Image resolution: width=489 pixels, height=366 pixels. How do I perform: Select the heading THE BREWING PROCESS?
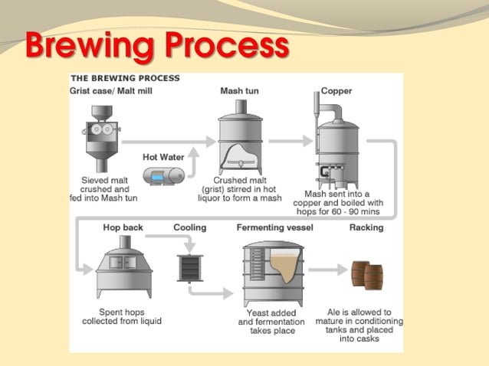[125, 78]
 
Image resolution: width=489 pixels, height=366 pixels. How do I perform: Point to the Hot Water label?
[162, 157]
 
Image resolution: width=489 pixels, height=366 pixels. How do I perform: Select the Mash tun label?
[239, 91]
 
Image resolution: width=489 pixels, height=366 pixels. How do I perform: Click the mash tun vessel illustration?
[239, 145]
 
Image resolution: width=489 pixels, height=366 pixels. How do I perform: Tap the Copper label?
[336, 91]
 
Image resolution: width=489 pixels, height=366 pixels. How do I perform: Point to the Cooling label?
[189, 227]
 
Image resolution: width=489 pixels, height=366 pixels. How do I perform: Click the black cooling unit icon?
[189, 266]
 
